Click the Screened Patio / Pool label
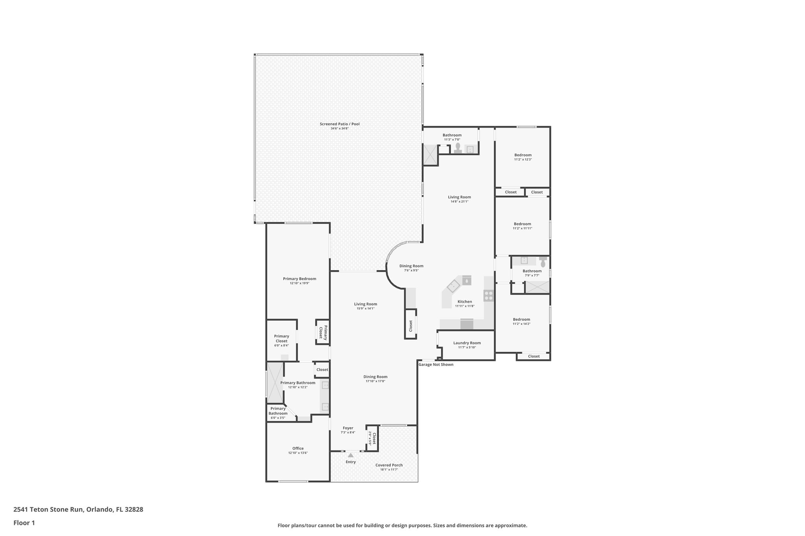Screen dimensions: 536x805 tap(339, 124)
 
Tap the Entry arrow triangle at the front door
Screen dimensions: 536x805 tap(350, 455)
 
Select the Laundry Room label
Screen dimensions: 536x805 tap(467, 343)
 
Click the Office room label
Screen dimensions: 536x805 tap(298, 448)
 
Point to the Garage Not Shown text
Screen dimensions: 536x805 tap(436, 364)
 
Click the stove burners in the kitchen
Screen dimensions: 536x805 tap(489, 296)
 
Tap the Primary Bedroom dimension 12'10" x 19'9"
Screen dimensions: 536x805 tap(300, 283)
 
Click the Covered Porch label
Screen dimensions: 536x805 tap(389, 465)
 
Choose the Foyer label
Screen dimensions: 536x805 tap(348, 428)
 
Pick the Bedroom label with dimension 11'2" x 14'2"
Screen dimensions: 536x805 tap(521, 319)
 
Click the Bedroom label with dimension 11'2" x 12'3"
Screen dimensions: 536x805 tap(523, 155)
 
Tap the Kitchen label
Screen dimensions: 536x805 tap(465, 302)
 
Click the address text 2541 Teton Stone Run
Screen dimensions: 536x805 tap(48, 510)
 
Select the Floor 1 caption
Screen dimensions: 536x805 tap(24, 523)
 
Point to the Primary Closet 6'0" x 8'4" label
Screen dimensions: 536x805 tap(281, 338)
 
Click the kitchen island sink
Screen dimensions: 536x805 tap(453, 285)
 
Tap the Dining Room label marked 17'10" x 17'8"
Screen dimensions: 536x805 tap(375, 377)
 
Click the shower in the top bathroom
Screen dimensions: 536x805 tap(430, 155)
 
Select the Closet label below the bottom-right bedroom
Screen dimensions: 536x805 tap(533, 356)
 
